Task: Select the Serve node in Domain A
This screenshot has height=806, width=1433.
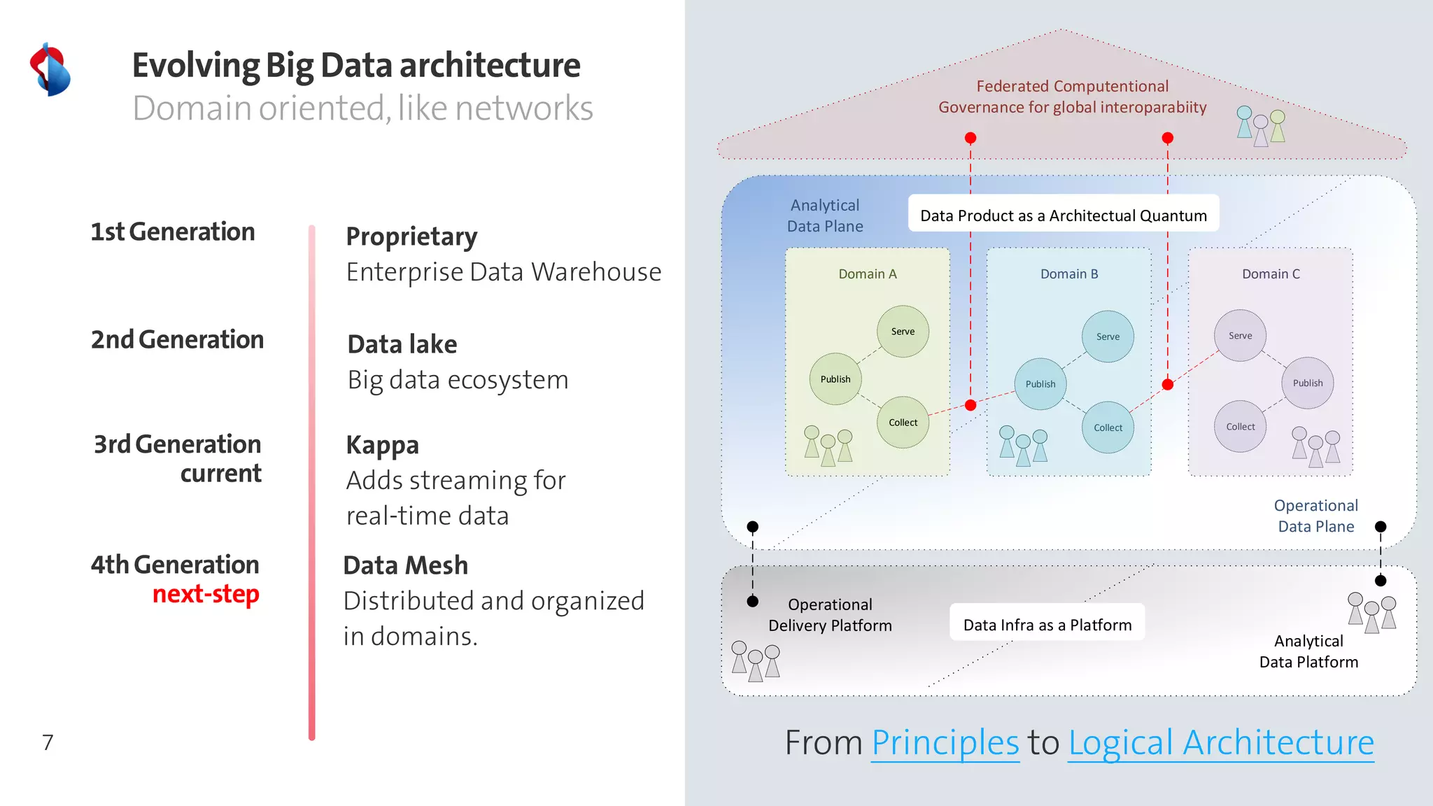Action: click(x=903, y=332)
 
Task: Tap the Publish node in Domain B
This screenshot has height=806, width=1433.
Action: click(x=1040, y=384)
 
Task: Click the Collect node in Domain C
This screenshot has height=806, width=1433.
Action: click(x=1240, y=427)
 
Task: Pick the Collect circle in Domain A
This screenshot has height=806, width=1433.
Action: click(x=903, y=423)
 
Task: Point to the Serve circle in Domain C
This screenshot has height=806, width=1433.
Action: click(x=1240, y=336)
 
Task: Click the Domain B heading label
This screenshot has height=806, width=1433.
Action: click(x=1068, y=274)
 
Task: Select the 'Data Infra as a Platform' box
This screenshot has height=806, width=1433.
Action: click(x=1047, y=625)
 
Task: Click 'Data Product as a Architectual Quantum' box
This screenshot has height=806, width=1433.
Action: click(x=1063, y=215)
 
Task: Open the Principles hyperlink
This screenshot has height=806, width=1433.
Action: click(x=945, y=742)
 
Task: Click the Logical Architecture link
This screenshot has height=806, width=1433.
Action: click(x=1220, y=742)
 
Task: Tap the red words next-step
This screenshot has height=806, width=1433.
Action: click(x=206, y=594)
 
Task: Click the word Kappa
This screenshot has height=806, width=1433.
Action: click(x=382, y=445)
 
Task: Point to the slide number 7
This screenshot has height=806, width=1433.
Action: click(x=48, y=742)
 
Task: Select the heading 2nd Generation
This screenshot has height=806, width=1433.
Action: click(x=177, y=340)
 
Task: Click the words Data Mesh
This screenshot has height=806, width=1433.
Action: click(x=405, y=565)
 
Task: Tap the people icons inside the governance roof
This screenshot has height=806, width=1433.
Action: click(x=1260, y=127)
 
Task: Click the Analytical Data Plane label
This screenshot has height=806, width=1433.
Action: click(x=825, y=215)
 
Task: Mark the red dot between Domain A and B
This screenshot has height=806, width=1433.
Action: click(x=970, y=405)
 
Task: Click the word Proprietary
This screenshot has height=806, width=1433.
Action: click(x=411, y=237)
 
